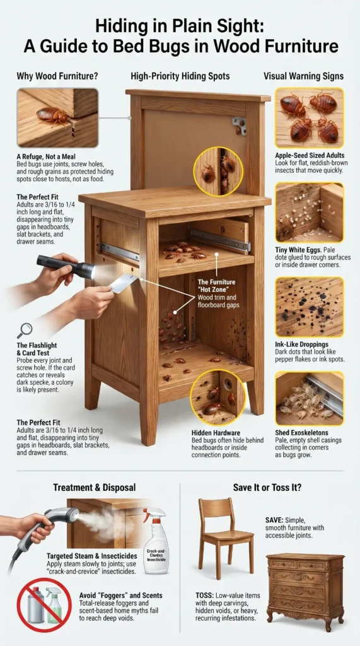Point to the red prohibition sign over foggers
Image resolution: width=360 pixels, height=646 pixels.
pos(44,604)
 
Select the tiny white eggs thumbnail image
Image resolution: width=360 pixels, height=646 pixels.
pos(309,213)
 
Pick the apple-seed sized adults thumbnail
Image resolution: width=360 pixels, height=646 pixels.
pos(309,118)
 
